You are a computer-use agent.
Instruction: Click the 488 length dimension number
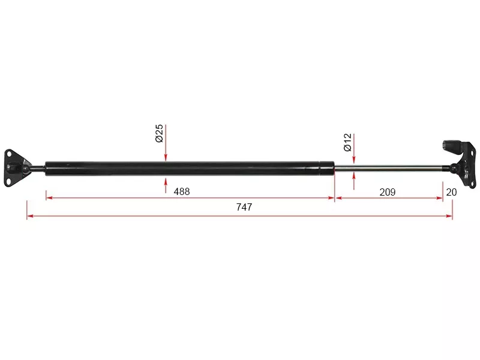(182, 191)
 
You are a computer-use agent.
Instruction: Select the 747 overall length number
(244, 207)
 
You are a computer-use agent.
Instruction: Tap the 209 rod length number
(387, 192)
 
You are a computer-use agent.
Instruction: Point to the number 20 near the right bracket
(451, 192)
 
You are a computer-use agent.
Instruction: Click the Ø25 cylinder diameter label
(159, 133)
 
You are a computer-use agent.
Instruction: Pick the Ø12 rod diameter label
(348, 142)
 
